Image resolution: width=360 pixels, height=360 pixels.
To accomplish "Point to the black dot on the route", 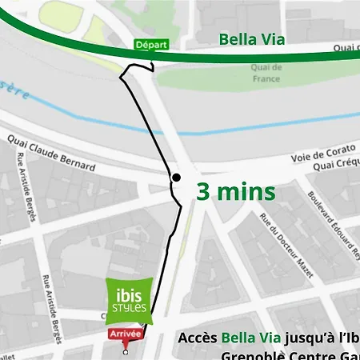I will tap(176, 177).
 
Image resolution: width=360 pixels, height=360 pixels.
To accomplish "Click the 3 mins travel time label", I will tap(236, 193).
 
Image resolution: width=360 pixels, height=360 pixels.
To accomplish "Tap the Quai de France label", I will tap(266, 73).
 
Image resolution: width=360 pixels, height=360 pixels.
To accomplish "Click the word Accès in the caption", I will tap(198, 338).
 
